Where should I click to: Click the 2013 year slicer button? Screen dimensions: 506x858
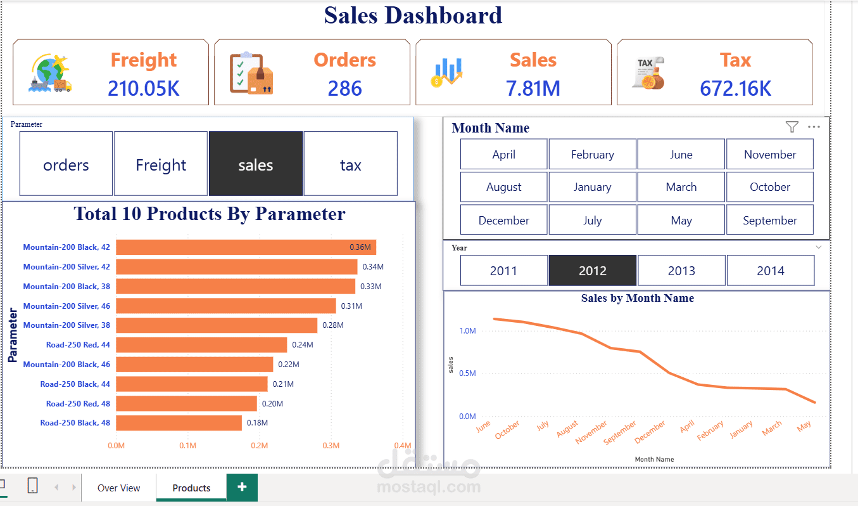click(681, 271)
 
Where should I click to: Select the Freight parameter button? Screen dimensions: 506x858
click(161, 165)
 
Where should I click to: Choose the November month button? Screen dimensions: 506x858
click(770, 155)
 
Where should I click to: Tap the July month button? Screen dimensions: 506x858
click(592, 221)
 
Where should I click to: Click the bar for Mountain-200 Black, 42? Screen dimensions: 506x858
click(246, 247)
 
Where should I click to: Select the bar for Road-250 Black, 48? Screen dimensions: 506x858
click(179, 423)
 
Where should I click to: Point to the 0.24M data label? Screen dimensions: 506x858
click(302, 345)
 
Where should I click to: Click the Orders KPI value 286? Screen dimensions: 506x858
click(344, 88)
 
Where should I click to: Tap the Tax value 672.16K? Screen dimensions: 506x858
click(735, 88)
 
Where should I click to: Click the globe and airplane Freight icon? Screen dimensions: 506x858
click(50, 74)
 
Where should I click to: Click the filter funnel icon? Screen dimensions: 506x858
click(792, 127)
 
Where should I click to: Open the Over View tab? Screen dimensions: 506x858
click(118, 488)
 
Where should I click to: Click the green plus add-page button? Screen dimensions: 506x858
click(242, 487)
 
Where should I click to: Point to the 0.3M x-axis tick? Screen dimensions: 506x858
click(331, 445)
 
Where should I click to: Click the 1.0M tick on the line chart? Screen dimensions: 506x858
click(467, 331)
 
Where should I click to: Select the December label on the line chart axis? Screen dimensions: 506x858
click(650, 432)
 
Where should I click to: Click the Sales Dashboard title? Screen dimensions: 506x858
click(413, 15)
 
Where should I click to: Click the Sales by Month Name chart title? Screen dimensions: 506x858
click(637, 298)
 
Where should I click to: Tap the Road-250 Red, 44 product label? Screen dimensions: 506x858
click(78, 345)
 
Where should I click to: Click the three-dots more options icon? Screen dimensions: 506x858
click(814, 127)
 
